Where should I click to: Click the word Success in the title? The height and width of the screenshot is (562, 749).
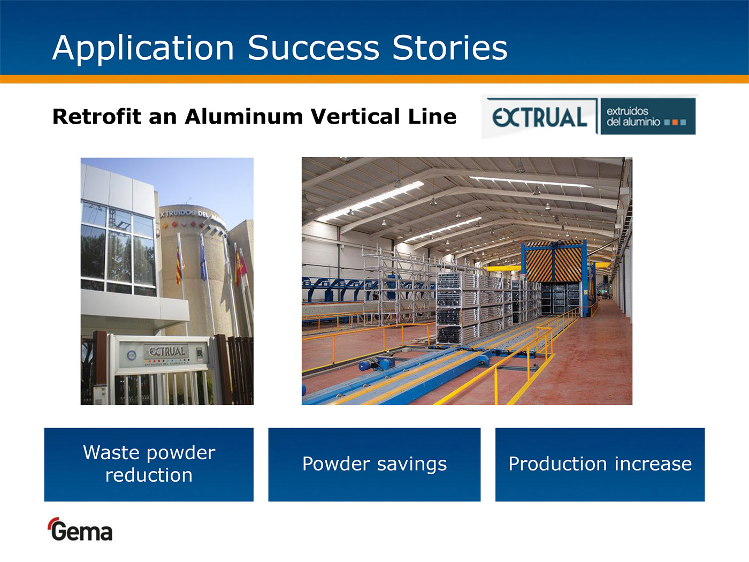[x=314, y=48]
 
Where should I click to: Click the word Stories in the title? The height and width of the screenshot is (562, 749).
[x=450, y=48]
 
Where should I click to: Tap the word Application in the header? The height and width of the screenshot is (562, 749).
[x=143, y=49]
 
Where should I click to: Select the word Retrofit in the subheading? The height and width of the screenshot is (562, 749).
[x=97, y=116]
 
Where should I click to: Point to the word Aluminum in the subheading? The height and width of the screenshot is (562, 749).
[x=243, y=116]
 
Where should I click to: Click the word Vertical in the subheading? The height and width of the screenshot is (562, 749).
[x=356, y=116]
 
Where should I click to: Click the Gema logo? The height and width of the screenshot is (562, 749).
[x=81, y=529]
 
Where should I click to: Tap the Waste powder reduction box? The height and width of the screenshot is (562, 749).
[x=149, y=465]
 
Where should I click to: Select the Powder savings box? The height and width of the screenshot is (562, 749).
[x=374, y=465]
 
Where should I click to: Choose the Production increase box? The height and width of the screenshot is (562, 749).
[x=600, y=465]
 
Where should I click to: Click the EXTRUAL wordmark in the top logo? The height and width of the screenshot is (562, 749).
[x=539, y=117]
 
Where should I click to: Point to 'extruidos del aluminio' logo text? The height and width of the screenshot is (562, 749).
[x=633, y=116]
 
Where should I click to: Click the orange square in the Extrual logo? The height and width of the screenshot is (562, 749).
[x=675, y=122]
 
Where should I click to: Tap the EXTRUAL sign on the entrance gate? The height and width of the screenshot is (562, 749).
[x=166, y=352]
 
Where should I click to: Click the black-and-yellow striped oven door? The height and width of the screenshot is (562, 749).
[x=554, y=262]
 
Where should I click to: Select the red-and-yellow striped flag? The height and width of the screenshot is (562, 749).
[x=179, y=265]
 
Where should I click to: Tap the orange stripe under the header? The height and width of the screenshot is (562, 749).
[x=374, y=79]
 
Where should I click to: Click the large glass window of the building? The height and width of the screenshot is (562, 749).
[x=118, y=248]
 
